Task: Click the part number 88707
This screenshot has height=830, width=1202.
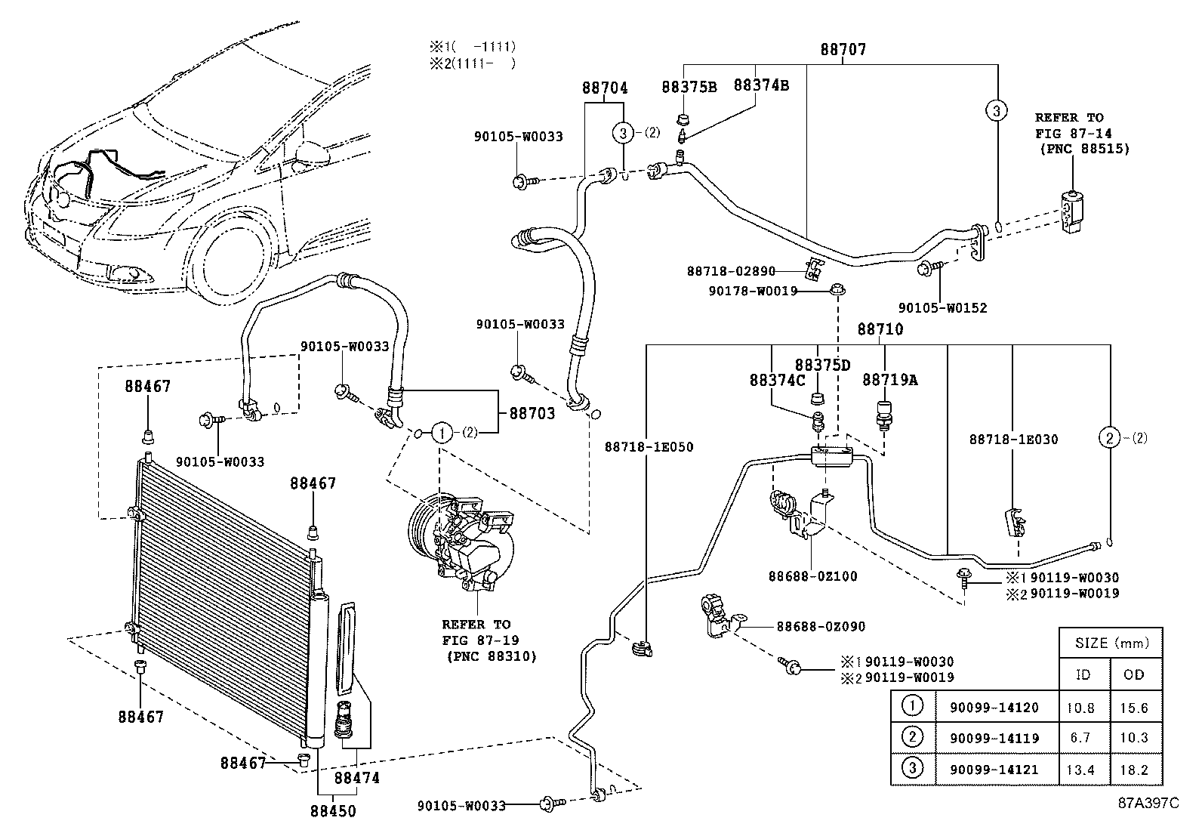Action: click(x=843, y=50)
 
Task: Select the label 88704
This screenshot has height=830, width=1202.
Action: click(x=605, y=88)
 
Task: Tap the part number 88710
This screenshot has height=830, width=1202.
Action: click(x=880, y=329)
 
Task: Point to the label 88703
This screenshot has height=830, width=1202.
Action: click(x=532, y=413)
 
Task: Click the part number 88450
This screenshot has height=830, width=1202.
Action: click(x=332, y=811)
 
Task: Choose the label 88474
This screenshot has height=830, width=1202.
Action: click(x=357, y=778)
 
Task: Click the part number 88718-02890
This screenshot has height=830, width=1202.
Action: click(x=731, y=270)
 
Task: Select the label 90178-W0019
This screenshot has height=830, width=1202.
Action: click(x=754, y=290)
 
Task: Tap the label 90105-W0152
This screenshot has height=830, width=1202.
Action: click(x=942, y=307)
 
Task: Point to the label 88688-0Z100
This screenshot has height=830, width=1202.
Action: click(x=813, y=576)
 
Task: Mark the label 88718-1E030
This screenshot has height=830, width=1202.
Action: click(x=1013, y=439)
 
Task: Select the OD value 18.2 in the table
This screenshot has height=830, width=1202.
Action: click(x=1134, y=770)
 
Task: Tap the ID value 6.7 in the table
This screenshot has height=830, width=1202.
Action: click(x=1081, y=738)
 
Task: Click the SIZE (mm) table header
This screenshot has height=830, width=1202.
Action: click(x=1111, y=643)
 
